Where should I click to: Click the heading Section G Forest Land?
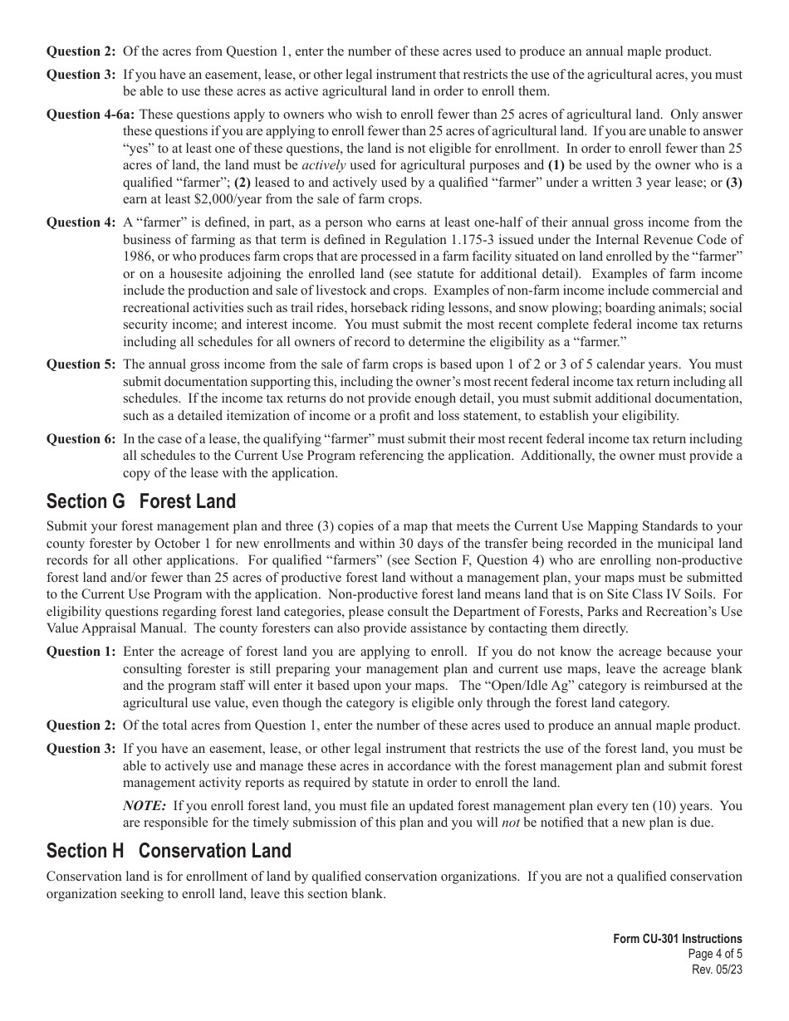pos(141,501)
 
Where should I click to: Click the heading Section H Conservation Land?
pos(169,851)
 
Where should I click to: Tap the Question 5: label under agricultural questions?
pos(81,364)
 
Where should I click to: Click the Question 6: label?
pos(81,439)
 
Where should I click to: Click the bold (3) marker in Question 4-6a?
pos(733,183)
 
